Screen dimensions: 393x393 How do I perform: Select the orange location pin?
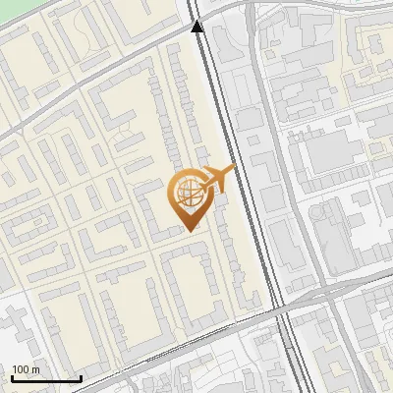click(x=189, y=197)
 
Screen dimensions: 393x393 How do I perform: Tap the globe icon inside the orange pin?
click(x=188, y=192)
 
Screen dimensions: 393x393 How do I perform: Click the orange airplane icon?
click(x=219, y=178)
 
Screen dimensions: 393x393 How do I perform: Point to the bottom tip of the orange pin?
click(x=189, y=230)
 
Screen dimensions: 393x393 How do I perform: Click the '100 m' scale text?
click(x=27, y=369)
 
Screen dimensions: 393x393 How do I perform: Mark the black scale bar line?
click(x=45, y=378)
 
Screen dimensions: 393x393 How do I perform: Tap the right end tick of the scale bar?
click(x=81, y=376)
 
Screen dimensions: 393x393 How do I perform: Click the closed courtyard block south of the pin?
click(x=192, y=285)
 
